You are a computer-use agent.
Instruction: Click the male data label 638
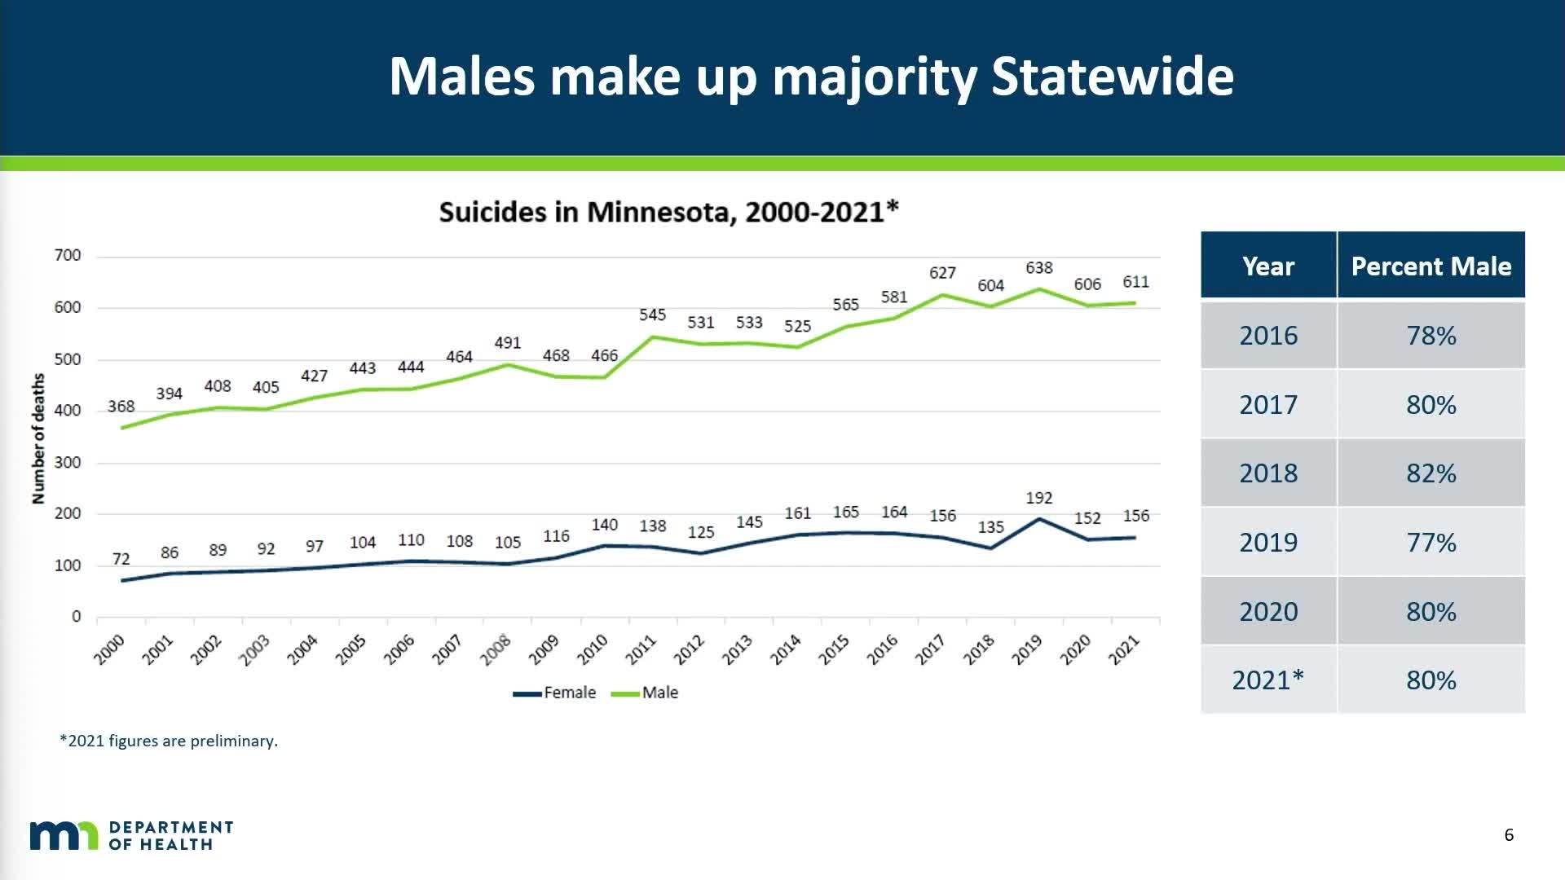1038,268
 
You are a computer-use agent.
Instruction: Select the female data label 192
1038,498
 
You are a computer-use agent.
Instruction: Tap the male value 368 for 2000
121,407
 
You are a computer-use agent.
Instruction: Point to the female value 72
121,559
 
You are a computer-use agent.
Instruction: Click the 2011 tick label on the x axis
641,649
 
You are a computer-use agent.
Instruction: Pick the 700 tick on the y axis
68,256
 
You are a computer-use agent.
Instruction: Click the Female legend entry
556,693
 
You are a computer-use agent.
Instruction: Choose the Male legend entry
646,693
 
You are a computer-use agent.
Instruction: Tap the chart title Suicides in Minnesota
668,213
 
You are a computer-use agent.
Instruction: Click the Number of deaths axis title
38,438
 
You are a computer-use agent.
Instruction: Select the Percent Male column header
1431,266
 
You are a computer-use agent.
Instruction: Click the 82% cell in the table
1431,473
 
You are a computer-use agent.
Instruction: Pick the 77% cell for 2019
1431,543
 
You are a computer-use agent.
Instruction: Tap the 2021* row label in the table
1267,680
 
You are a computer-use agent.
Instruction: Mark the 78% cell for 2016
1431,336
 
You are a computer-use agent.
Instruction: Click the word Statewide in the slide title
1112,77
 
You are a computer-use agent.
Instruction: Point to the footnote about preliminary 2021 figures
169,741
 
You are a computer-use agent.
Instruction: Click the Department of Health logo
131,836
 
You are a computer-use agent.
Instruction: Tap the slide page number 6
1509,835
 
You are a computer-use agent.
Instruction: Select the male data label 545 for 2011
652,315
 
